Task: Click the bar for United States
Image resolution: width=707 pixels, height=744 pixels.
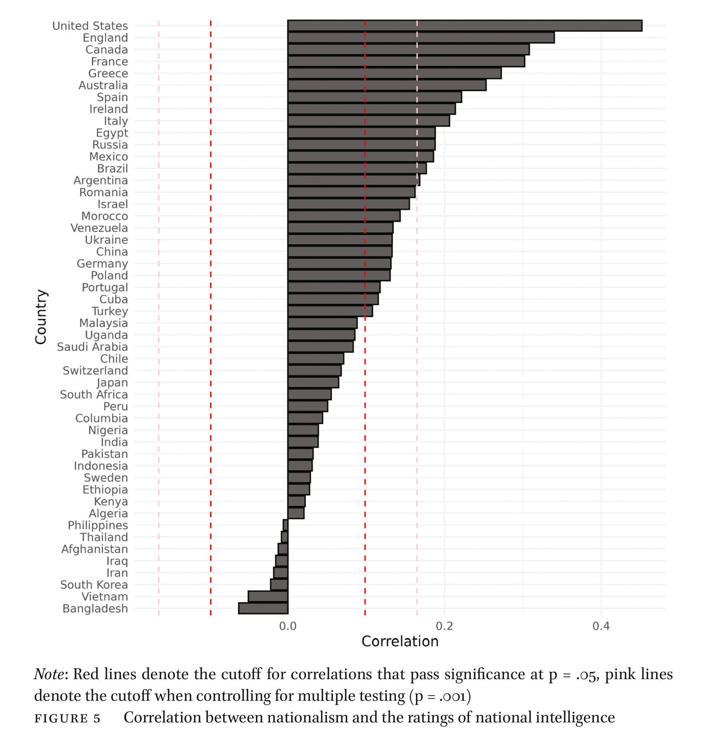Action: coord(464,26)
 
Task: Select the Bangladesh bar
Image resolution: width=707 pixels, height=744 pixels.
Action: coord(263,608)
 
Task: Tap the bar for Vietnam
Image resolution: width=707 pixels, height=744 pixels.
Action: coord(268,596)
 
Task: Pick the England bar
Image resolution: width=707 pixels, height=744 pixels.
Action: coord(421,38)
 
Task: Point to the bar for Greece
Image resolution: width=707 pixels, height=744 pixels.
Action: coord(394,74)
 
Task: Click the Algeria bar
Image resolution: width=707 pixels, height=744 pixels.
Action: coord(296,513)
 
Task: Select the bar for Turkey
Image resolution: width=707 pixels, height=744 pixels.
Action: coord(330,311)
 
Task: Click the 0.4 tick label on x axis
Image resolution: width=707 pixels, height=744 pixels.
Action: coord(601,626)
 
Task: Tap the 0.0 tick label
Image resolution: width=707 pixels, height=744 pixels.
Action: coord(288,626)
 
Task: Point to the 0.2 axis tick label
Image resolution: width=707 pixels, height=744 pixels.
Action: coord(444,626)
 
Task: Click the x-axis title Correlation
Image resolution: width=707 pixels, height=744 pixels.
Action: coord(400,642)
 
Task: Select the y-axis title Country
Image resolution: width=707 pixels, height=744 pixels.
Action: coord(41,317)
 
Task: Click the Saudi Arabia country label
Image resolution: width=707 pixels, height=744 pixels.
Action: coord(92,347)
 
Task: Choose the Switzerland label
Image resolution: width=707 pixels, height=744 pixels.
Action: coord(95,371)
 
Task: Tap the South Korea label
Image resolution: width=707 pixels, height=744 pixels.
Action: coord(94,585)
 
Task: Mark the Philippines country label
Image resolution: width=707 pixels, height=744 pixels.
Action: coord(98,525)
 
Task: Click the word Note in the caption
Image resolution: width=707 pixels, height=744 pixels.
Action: coord(49,674)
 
